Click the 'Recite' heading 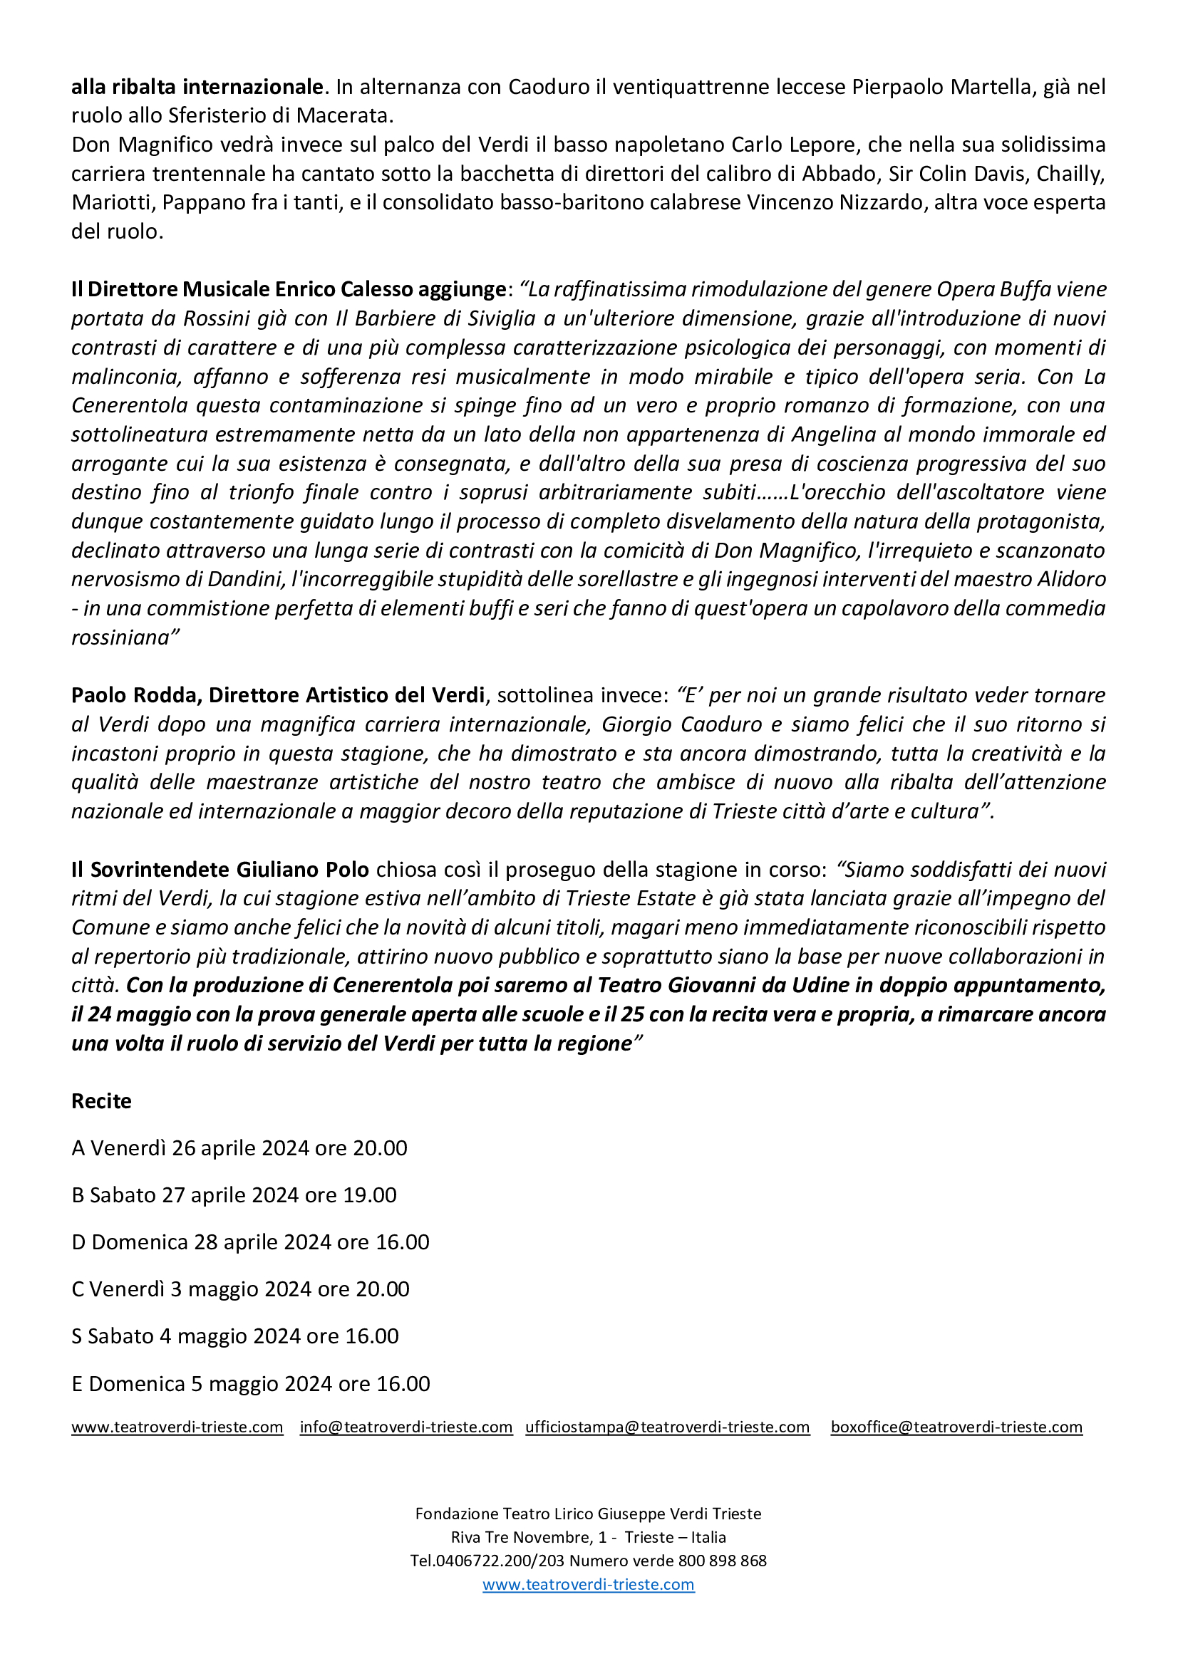[101, 1100]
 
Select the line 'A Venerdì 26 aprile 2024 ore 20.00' [239, 1148]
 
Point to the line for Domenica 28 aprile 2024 [249, 1241]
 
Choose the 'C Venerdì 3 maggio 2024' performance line [240, 1288]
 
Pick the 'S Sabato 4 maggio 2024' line [234, 1336]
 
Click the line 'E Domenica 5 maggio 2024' [250, 1383]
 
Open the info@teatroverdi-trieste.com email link [405, 1427]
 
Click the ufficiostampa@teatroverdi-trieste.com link [667, 1427]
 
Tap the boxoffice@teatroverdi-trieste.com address [956, 1427]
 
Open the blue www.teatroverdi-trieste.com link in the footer [589, 1584]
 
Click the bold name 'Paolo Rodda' [135, 695]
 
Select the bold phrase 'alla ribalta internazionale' [197, 87]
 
